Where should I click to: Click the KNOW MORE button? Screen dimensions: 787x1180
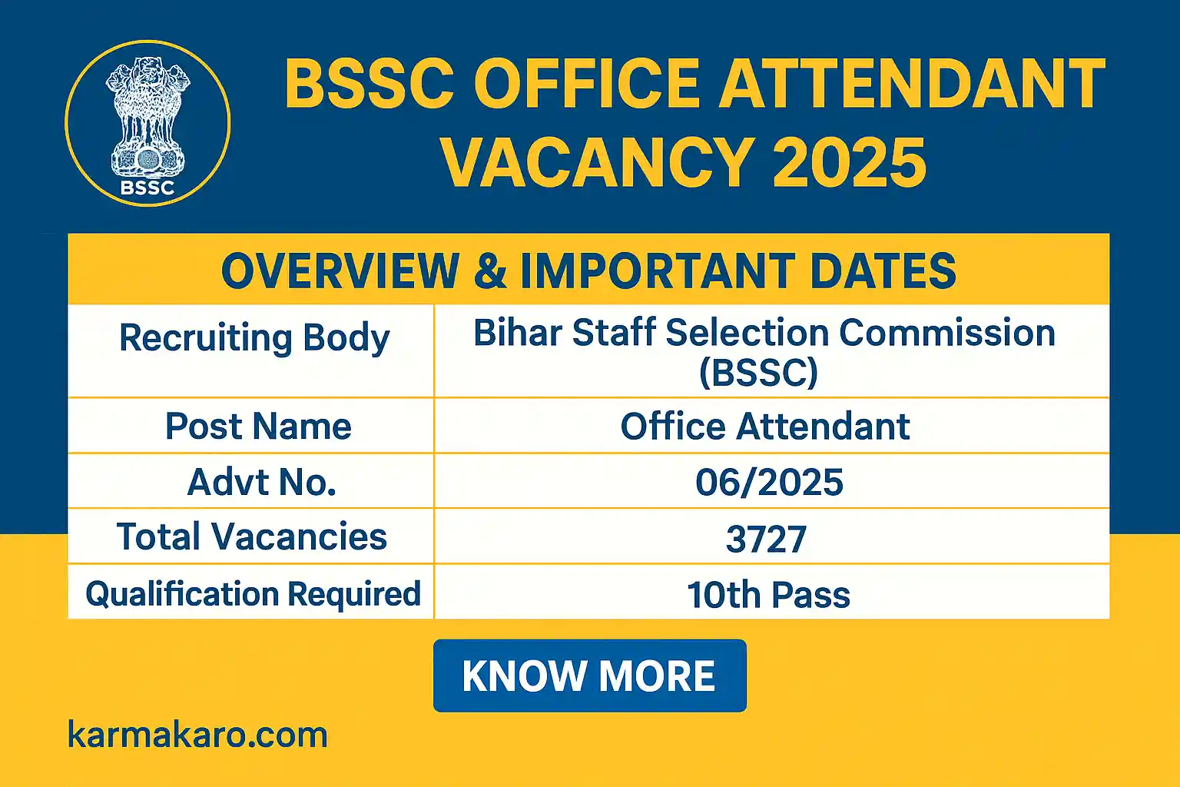[589, 676]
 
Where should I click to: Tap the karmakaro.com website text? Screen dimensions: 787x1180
[197, 735]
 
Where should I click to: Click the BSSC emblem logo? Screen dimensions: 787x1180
[147, 123]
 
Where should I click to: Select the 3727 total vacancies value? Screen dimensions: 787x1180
[766, 538]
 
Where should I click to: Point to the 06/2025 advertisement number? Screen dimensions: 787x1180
[769, 482]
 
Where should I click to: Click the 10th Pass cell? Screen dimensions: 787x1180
[768, 594]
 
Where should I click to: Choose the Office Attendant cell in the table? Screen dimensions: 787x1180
[765, 427]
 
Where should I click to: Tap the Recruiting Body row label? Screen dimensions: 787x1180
[254, 338]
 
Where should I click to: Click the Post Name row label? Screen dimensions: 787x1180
[258, 427]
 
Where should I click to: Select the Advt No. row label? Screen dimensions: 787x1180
[262, 482]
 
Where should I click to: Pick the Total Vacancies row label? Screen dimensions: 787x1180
[251, 536]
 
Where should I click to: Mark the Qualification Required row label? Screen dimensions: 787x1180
[253, 594]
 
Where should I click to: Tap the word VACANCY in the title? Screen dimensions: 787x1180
[596, 162]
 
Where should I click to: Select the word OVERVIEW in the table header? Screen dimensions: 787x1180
[340, 271]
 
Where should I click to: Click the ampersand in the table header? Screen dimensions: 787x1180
[490, 271]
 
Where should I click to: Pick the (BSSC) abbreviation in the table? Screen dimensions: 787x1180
[758, 373]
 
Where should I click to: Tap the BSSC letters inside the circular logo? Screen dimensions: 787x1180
[147, 187]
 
